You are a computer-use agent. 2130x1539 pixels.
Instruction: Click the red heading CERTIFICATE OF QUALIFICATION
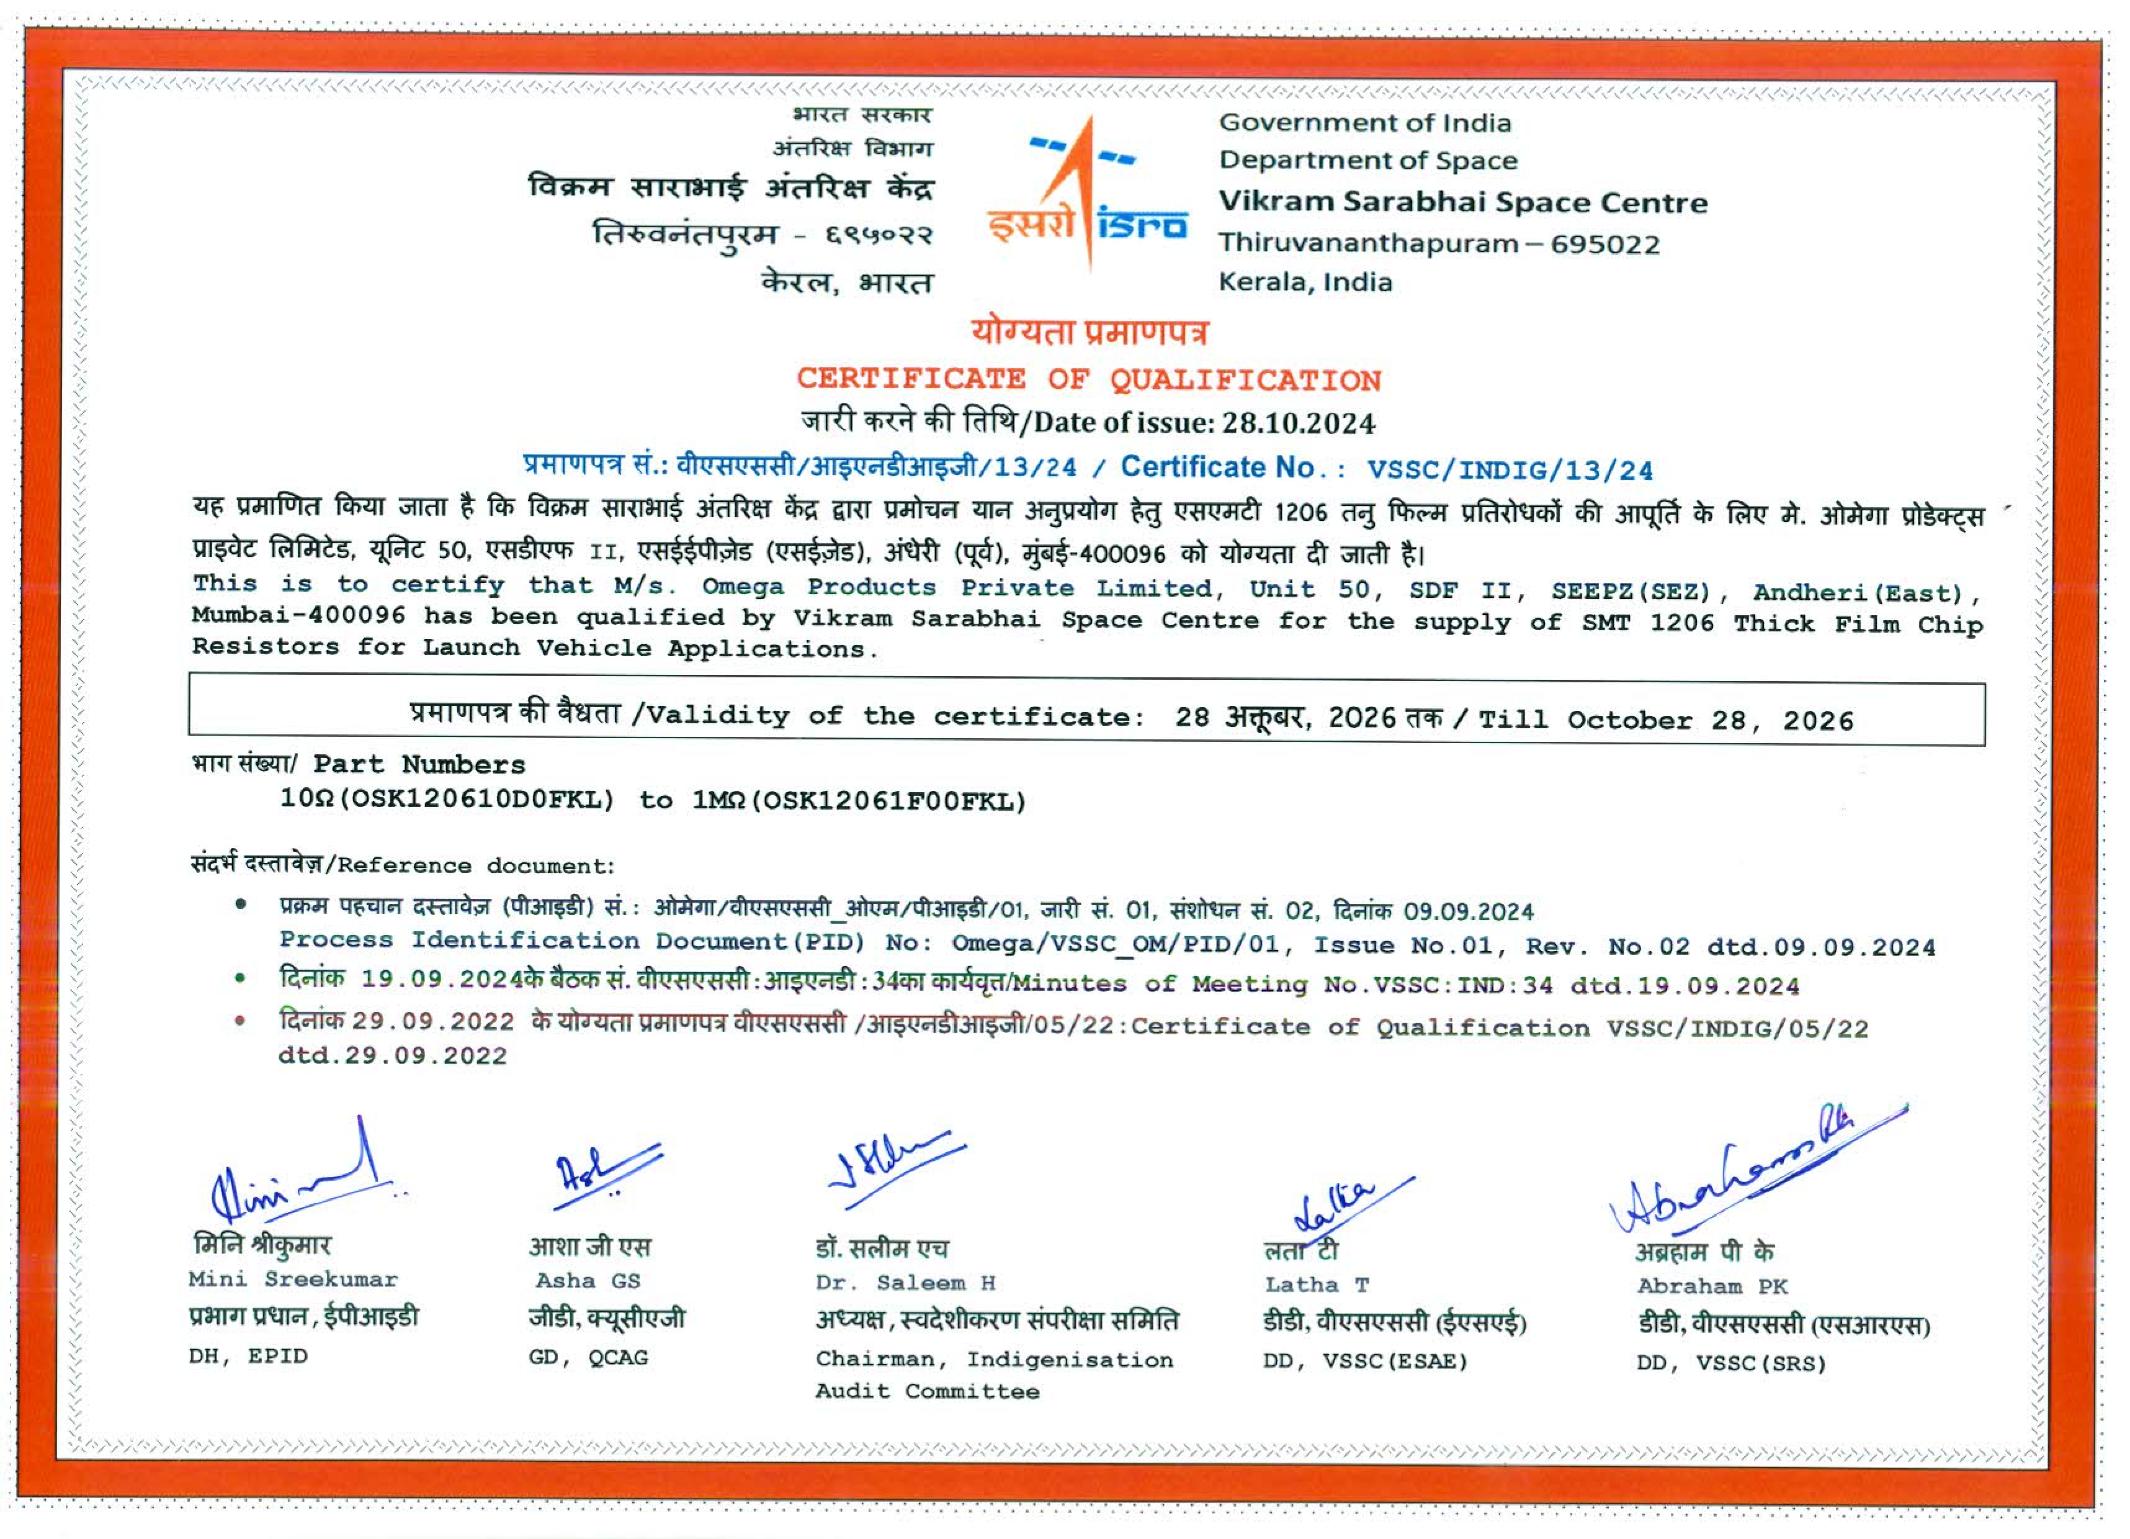click(x=1088, y=379)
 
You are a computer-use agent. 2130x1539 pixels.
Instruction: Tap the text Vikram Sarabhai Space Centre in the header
click(x=1462, y=203)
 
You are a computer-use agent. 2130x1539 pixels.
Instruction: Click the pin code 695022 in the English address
click(x=1605, y=244)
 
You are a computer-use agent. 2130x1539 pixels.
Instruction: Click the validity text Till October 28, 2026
click(x=1666, y=721)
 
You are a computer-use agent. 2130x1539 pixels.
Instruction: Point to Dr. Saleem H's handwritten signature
click(x=892, y=1165)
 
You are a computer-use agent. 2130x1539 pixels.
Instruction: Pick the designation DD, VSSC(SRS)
click(x=1731, y=1363)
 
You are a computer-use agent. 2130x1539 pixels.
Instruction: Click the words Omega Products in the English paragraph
click(x=819, y=587)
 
